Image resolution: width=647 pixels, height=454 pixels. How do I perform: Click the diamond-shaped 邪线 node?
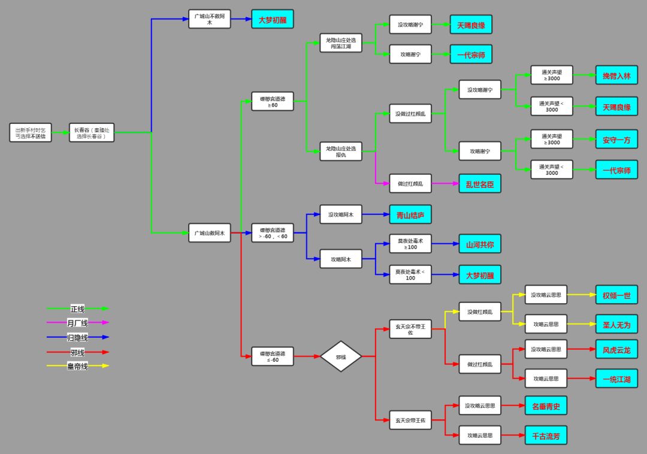tap(340, 356)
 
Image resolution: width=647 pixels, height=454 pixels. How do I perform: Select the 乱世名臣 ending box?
tap(479, 184)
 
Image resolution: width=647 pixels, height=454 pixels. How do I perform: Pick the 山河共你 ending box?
tap(479, 244)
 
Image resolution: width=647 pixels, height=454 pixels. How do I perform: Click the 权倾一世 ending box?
tap(616, 295)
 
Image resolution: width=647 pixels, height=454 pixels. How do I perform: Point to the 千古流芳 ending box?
tap(546, 435)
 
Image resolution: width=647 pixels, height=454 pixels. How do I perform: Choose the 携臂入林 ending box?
tap(616, 75)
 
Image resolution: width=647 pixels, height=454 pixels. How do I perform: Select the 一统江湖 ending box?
tap(616, 379)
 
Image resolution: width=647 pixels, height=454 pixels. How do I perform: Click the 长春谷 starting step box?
tap(91, 132)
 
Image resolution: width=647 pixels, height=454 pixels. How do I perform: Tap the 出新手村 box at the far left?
tap(31, 132)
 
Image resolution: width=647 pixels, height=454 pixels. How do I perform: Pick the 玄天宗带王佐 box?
tap(410, 420)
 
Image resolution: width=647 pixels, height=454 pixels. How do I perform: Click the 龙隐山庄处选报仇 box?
tap(341, 151)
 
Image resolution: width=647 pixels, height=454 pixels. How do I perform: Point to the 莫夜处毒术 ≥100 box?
tap(410, 244)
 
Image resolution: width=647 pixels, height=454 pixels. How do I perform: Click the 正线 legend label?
tap(77, 308)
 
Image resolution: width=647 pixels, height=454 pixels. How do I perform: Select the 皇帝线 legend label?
tap(77, 366)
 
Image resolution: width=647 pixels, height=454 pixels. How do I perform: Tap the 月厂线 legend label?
tap(77, 322)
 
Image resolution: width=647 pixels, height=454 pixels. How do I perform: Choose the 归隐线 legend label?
tap(77, 337)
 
